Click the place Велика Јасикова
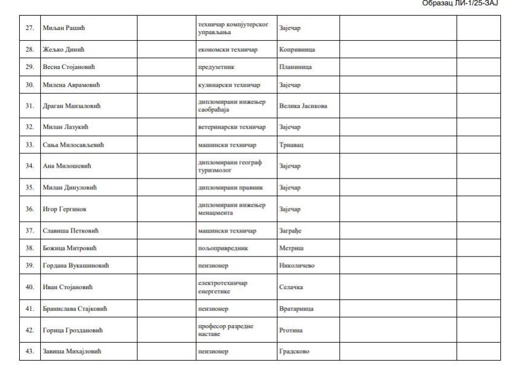pos(304,106)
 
